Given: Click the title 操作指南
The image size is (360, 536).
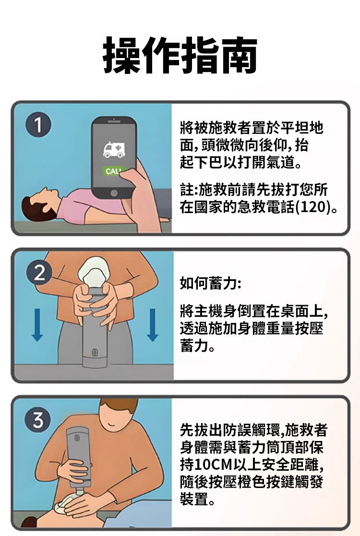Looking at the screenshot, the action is click(180, 55).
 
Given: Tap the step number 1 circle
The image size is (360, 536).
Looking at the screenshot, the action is click(38, 125).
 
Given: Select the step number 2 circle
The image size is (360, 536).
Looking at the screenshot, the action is click(39, 274).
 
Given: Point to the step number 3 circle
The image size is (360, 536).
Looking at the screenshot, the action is click(37, 420).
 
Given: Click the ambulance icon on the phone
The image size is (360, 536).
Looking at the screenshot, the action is click(114, 150).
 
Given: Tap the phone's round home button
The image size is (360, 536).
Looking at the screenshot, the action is click(114, 193).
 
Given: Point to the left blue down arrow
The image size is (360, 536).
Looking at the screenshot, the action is click(37, 325).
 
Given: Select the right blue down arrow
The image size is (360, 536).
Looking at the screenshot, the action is click(153, 325).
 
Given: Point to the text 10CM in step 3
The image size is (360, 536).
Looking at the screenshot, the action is click(213, 465).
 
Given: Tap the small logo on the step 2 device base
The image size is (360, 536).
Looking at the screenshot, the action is click(95, 352).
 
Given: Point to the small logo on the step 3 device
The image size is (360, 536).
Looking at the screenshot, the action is click(76, 438).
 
